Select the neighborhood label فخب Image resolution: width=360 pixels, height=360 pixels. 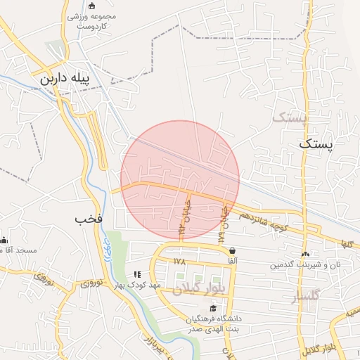coord(89,219)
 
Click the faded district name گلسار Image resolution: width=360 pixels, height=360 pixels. coord(304,297)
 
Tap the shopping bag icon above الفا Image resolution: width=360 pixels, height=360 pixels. coord(232,250)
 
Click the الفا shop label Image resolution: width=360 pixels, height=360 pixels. coord(232,261)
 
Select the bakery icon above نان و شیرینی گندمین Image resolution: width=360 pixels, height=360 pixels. coord(304,254)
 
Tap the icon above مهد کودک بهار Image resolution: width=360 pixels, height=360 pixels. coord(137,274)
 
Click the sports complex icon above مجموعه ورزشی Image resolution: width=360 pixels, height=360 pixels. coord(91,5)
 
